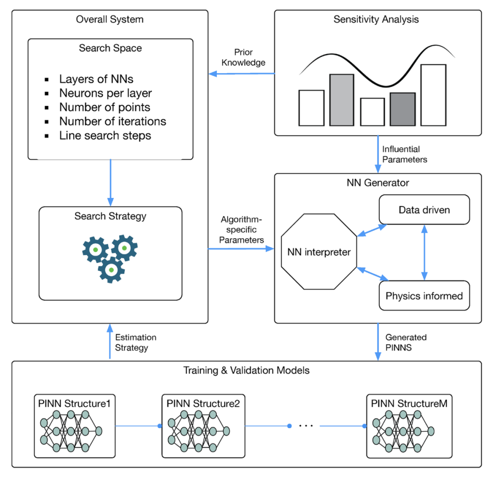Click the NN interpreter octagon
point(319,252)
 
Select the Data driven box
point(424,210)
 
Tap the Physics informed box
point(424,296)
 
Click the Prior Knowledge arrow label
point(243,58)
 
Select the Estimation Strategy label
point(136,342)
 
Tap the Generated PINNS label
point(406,342)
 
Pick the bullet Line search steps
point(105,135)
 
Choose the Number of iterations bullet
point(113,121)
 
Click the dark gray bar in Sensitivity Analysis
point(403,109)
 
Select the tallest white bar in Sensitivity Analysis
point(433,95)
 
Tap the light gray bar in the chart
point(341,100)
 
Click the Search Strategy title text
point(110,216)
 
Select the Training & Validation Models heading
point(246,370)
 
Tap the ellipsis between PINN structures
point(305,426)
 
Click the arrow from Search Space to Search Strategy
point(110,182)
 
